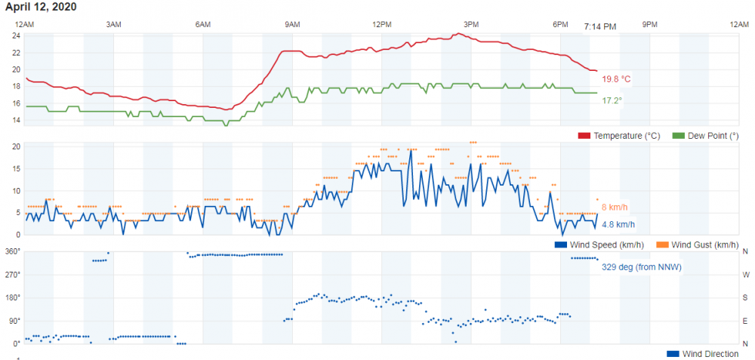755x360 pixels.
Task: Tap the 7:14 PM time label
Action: click(600, 26)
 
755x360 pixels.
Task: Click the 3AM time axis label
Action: click(113, 25)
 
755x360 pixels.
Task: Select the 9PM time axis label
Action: click(649, 25)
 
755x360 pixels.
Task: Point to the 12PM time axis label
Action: click(381, 25)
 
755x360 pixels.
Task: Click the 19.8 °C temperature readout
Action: click(616, 79)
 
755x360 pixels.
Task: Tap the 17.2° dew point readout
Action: click(612, 100)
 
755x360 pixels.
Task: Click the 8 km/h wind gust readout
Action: click(615, 208)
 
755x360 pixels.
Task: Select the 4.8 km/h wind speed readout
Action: click(618, 224)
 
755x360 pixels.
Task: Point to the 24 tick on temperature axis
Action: click(16, 35)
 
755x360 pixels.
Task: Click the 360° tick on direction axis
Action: click(14, 251)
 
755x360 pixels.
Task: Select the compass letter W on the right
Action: click(745, 275)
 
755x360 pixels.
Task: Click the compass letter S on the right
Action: click(745, 297)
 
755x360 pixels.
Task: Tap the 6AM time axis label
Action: click(202, 25)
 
